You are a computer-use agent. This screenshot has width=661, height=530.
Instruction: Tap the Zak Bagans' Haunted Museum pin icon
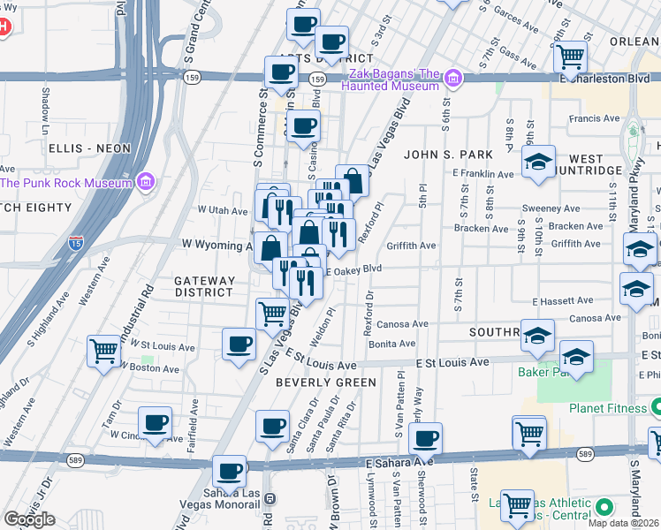tap(454, 79)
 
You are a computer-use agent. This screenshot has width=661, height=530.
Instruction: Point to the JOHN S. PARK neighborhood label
tap(446, 155)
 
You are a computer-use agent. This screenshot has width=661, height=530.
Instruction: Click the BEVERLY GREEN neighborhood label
tap(326, 382)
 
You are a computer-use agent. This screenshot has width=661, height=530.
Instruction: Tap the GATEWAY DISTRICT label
tap(205, 286)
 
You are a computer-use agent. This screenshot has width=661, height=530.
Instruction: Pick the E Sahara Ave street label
tap(399, 461)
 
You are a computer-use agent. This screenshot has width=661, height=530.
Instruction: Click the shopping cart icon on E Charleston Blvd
tap(571, 57)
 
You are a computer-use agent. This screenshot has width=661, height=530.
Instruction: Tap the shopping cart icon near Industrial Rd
tap(104, 351)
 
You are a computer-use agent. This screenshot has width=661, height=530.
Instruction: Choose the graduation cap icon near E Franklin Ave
tap(538, 163)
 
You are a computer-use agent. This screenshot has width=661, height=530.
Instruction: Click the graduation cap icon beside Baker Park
tap(576, 358)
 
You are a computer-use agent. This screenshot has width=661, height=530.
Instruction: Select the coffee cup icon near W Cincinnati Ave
tap(156, 422)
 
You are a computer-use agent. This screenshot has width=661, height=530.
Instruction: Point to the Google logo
tap(29, 519)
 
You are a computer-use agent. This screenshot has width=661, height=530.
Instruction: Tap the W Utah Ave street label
tap(223, 210)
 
